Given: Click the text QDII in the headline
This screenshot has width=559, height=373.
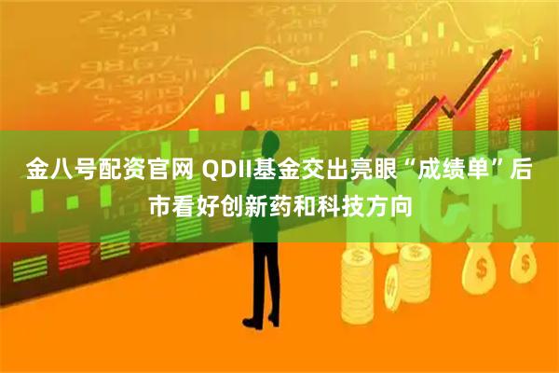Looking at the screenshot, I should pos(225,172).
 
